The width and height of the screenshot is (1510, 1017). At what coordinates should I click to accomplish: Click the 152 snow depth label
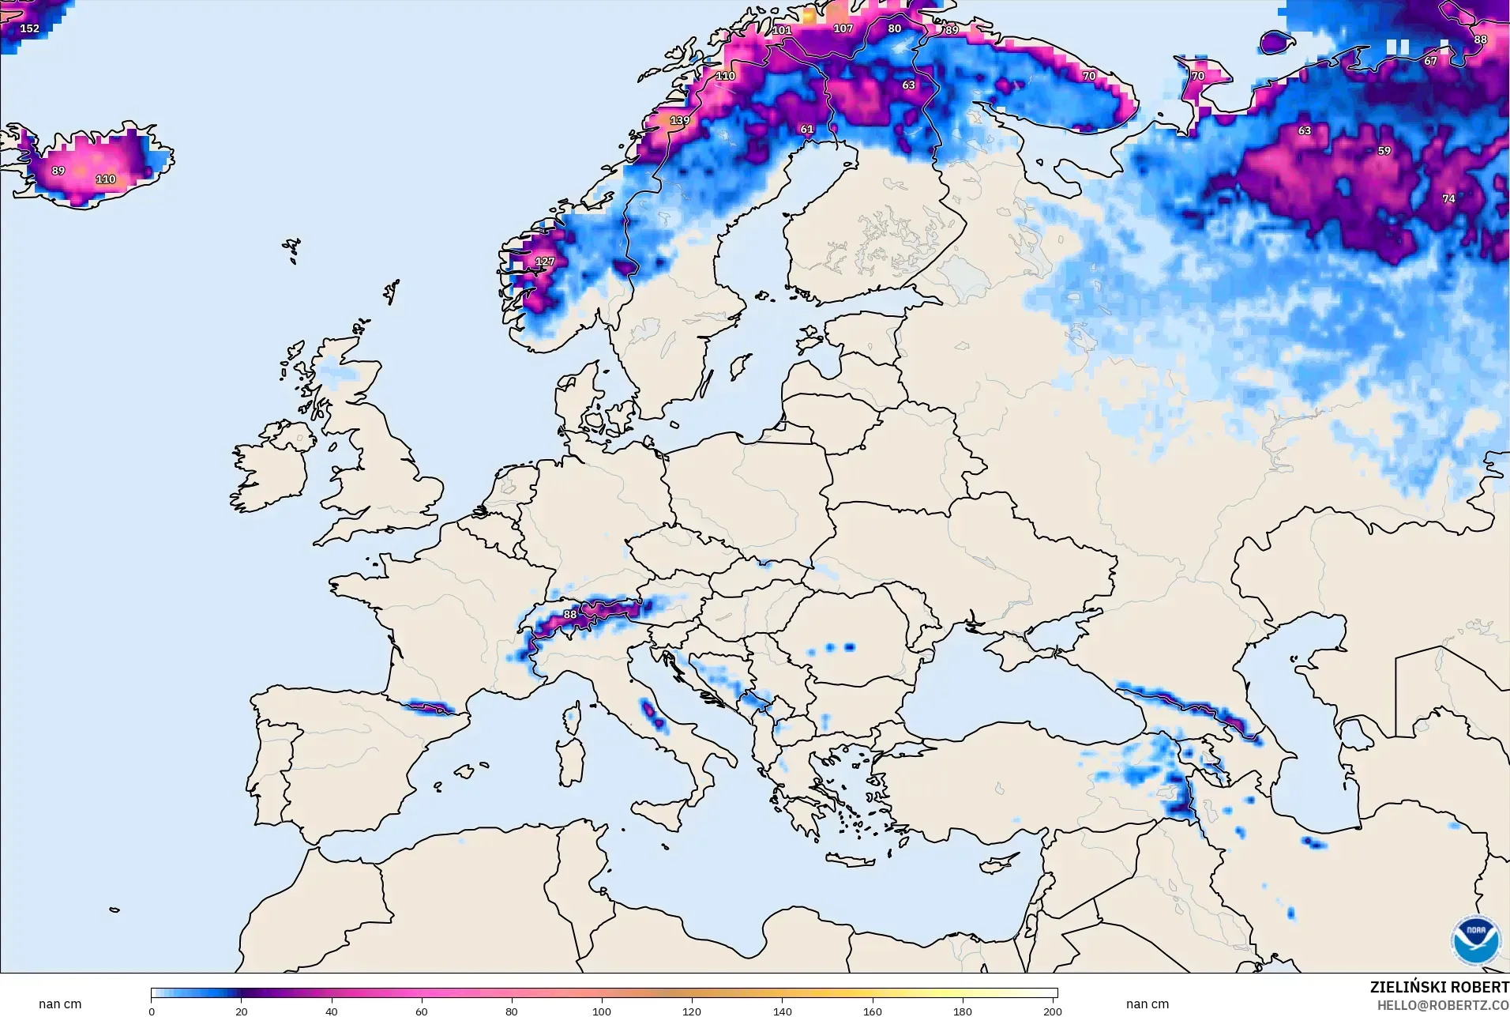click(29, 28)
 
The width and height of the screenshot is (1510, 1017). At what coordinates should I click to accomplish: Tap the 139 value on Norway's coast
click(679, 121)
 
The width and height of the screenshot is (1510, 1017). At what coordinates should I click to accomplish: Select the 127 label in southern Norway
click(545, 262)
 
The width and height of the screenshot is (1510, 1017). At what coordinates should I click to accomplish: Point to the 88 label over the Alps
click(569, 615)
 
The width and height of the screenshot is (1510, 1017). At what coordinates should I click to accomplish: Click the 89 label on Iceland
click(58, 171)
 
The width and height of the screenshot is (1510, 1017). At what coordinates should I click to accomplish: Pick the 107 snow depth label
click(843, 28)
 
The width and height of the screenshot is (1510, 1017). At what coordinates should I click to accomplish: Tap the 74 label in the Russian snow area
click(1448, 199)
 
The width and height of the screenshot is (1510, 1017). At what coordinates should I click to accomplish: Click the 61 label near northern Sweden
click(806, 130)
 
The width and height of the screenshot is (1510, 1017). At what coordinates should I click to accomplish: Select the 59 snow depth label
click(1384, 151)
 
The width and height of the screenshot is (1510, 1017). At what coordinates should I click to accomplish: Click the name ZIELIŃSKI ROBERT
click(1439, 988)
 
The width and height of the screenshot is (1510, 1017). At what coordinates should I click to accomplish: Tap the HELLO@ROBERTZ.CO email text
click(1443, 1006)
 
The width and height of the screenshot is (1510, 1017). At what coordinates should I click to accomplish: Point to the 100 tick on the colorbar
click(602, 1011)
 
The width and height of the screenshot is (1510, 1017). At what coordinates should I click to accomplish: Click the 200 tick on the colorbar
click(1052, 1011)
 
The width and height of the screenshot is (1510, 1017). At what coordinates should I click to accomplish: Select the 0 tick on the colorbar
click(152, 1011)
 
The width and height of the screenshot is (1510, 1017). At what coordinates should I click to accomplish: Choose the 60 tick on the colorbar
click(422, 1011)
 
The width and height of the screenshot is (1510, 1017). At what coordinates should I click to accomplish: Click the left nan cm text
click(60, 1004)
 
